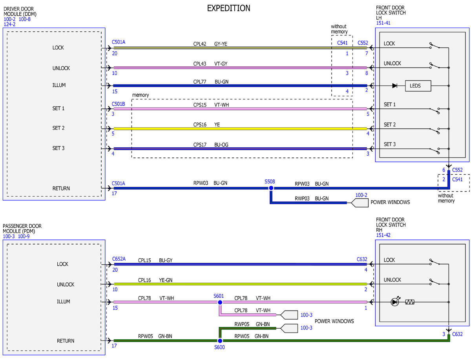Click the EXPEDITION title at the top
(228, 8)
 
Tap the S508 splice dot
(271, 188)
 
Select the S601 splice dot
(220, 302)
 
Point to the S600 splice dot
(220, 340)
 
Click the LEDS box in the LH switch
(418, 86)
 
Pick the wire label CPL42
(199, 44)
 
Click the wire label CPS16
(200, 124)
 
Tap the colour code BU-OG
(221, 145)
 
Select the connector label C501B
(118, 104)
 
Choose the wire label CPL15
(144, 260)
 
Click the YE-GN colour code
(166, 280)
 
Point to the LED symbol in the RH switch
(395, 302)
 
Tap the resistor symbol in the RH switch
(409, 302)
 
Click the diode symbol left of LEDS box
(394, 86)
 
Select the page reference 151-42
(383, 235)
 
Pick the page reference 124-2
(9, 24)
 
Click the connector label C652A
(119, 259)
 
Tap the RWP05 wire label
(242, 324)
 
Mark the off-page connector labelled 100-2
(360, 203)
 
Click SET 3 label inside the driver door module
(58, 148)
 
